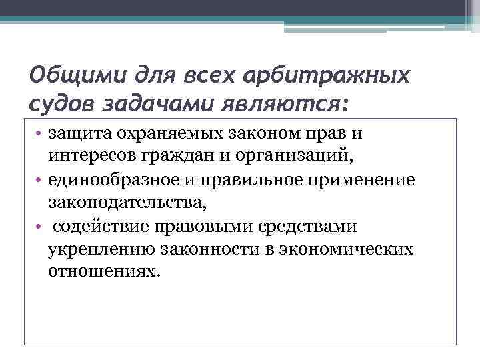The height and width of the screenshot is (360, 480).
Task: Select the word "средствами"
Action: (311, 225)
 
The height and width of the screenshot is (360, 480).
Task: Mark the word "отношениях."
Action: (104, 272)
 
